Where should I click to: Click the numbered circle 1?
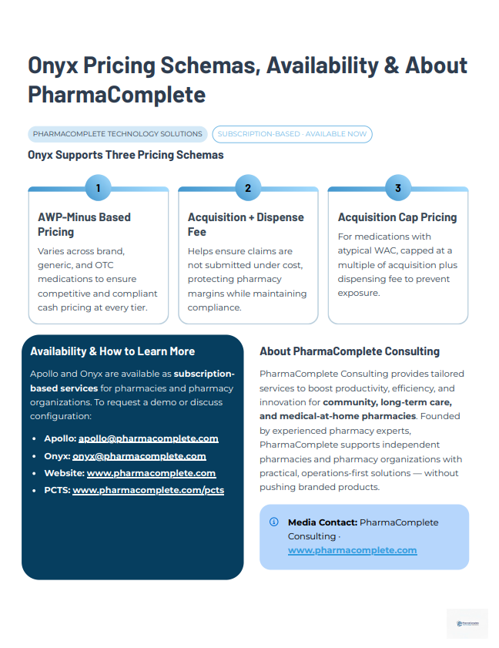[x=98, y=188]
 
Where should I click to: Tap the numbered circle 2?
[x=248, y=188]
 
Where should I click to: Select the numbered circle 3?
[x=397, y=188]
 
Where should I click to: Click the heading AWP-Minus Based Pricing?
[x=84, y=224]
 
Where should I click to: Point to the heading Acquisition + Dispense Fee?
[x=246, y=224]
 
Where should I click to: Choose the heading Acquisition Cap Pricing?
[x=397, y=217]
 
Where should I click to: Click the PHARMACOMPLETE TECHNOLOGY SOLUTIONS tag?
[x=118, y=134]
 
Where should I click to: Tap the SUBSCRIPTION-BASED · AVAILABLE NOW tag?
[x=292, y=134]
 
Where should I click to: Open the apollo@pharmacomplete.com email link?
[x=148, y=438]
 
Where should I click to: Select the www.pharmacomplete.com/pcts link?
[x=148, y=490]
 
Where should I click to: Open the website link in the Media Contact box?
[x=352, y=550]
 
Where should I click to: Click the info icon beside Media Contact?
[x=273, y=522]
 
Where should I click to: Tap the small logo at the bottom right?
[x=467, y=623]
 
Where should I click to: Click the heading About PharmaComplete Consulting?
[x=350, y=351]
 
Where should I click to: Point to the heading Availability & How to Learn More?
[x=112, y=351]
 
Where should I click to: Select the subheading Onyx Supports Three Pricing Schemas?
[x=126, y=155]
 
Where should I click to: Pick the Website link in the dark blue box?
[x=151, y=473]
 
